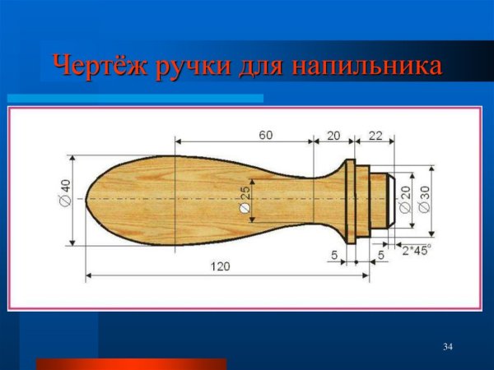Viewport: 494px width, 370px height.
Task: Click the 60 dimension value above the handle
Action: tap(266, 134)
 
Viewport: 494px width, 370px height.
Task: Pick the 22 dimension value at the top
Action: tap(375, 134)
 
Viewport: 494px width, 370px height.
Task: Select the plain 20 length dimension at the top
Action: tap(333, 134)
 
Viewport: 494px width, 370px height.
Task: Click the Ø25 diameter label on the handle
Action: tap(244, 201)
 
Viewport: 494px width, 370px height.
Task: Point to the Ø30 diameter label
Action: tap(423, 200)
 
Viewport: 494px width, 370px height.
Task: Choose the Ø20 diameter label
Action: tap(405, 200)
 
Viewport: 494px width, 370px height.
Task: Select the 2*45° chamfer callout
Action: tap(417, 249)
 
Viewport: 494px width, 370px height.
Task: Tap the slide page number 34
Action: tap(448, 345)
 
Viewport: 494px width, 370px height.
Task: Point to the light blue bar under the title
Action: tap(136, 98)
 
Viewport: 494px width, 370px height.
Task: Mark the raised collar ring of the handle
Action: tap(350, 200)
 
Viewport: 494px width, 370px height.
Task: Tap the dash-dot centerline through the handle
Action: tap(206, 199)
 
